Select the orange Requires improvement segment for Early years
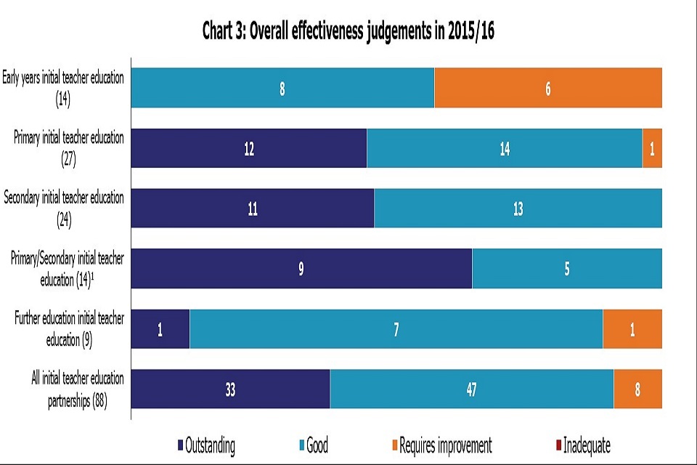click(548, 88)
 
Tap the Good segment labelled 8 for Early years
click(282, 88)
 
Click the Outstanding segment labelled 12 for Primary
click(249, 148)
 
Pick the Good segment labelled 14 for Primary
click(505, 148)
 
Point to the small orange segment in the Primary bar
click(652, 148)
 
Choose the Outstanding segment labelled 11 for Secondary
click(253, 209)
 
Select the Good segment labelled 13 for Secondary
click(518, 209)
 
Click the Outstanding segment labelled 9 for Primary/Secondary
click(301, 269)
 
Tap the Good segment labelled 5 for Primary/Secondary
click(567, 269)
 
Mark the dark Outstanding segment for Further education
click(160, 329)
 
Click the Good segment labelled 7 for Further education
click(396, 329)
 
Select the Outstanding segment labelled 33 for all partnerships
click(230, 389)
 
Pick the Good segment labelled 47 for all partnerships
click(472, 389)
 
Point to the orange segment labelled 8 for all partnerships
click(637, 389)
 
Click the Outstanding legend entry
click(206, 445)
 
